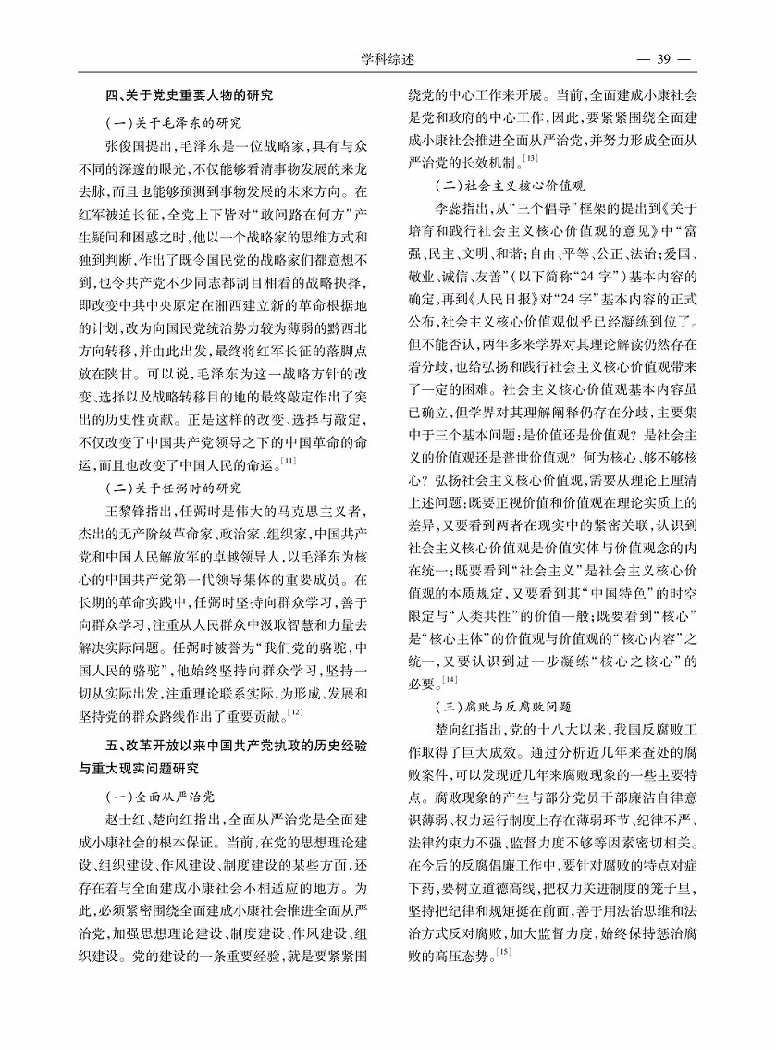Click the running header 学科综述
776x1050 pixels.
pos(388,60)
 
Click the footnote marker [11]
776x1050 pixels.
pos(289,461)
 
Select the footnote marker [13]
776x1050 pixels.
pos(532,160)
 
